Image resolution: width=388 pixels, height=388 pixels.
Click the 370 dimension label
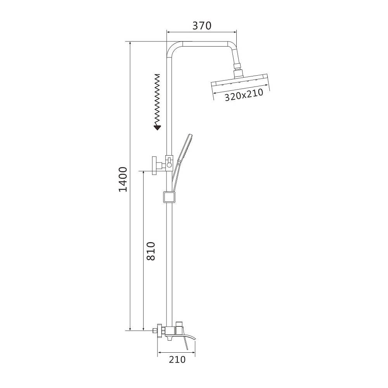202,26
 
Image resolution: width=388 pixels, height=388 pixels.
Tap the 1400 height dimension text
123,179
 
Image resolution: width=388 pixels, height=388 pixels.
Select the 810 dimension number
151,251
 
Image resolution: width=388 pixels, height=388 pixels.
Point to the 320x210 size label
244,95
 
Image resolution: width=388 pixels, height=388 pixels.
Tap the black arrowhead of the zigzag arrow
157,127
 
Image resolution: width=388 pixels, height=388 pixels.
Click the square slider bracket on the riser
169,197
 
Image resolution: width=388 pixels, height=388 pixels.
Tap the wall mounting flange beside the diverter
155,166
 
